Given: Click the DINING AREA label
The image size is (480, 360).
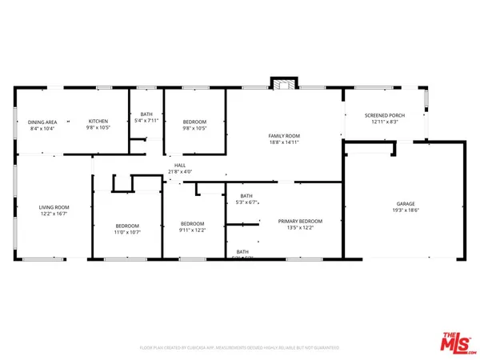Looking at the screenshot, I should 42,122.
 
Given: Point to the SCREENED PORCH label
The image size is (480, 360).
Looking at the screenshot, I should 385,115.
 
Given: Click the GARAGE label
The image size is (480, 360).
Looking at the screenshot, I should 404,203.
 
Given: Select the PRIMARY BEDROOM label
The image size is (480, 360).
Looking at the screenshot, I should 300,221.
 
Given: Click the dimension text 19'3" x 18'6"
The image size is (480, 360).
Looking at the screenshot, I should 404,210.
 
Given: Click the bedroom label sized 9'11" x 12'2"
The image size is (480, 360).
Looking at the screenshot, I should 192,224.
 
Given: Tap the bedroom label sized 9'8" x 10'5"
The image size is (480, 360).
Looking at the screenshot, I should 194,122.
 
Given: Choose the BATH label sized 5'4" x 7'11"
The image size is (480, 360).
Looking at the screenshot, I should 146,114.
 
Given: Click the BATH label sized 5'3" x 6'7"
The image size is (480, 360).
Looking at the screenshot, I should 246,196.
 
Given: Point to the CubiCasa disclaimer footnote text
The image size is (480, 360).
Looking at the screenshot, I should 239,348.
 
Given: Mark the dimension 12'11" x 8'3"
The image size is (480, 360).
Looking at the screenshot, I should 385,122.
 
